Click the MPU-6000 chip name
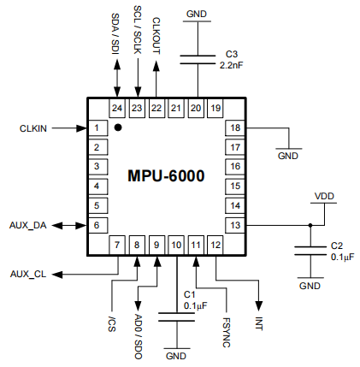[x=166, y=177]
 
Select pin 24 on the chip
[x=117, y=108]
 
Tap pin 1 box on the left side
[x=99, y=128]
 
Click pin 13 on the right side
[x=233, y=224]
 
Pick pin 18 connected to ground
[x=233, y=128]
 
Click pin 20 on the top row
[x=196, y=108]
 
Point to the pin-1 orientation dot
[x=119, y=128]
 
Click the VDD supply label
[x=325, y=196]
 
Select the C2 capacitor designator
[x=336, y=245]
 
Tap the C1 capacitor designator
[x=190, y=294]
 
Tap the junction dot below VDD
[x=310, y=225]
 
